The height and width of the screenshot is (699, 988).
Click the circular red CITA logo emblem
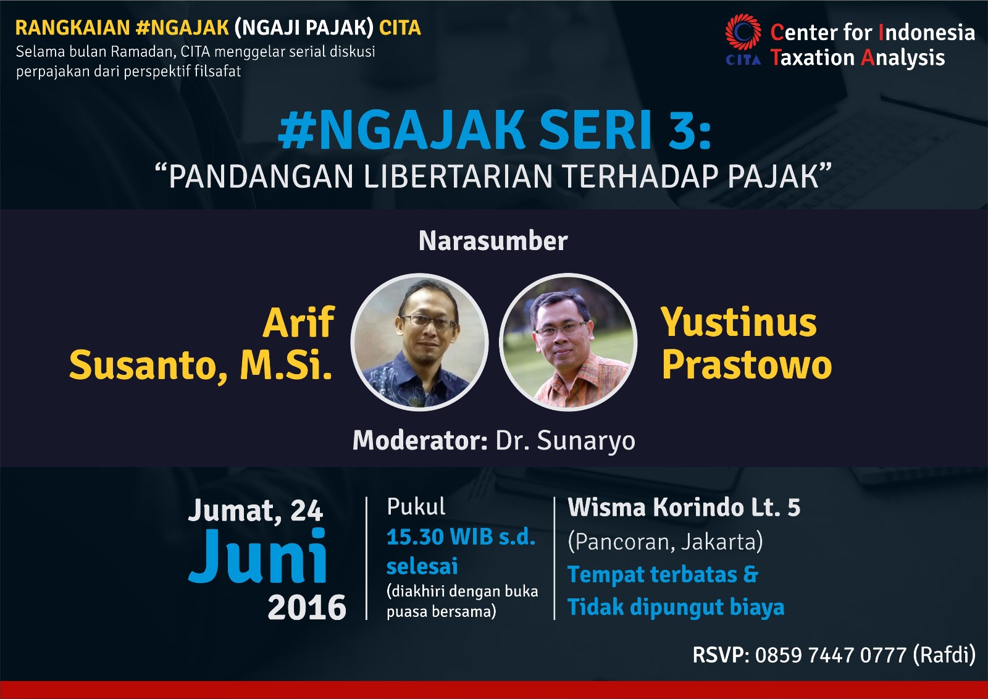tap(743, 31)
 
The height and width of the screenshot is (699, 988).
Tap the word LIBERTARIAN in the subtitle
tap(458, 177)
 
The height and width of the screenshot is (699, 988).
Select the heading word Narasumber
tap(493, 241)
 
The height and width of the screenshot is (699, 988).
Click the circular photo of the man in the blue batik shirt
tap(419, 342)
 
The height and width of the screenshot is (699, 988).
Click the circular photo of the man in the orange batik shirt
tap(568, 342)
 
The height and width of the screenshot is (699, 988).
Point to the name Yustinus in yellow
tap(739, 322)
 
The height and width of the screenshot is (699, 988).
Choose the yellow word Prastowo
tap(747, 365)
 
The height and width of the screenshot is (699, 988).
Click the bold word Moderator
tap(420, 440)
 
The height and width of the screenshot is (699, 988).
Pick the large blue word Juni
tap(257, 556)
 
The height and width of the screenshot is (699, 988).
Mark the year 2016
tap(307, 608)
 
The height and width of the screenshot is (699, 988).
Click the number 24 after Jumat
tap(306, 511)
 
